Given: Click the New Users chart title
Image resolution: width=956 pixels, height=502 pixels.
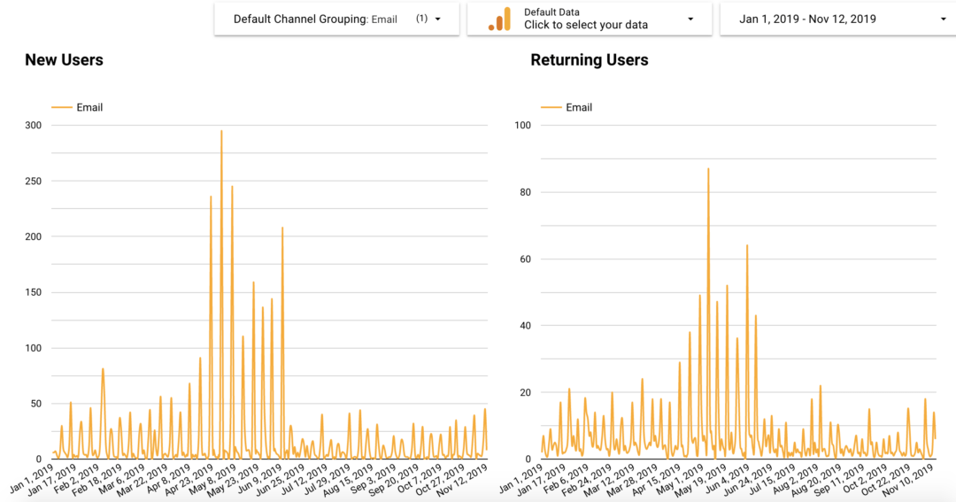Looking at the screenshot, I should click(64, 60).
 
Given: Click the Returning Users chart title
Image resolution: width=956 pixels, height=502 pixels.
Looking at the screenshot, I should click(589, 60).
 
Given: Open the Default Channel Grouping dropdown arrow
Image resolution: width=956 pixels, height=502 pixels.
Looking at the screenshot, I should click(437, 19).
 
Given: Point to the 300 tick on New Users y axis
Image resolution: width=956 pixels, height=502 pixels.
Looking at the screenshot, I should click(33, 126).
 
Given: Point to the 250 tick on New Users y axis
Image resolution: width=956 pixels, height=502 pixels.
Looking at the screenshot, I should click(33, 181).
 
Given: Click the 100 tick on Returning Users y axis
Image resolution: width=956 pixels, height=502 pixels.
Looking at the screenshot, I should click(521, 126).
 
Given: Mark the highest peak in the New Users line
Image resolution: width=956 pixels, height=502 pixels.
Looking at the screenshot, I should click(221, 131).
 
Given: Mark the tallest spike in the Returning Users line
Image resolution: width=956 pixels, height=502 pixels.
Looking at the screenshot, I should click(708, 168).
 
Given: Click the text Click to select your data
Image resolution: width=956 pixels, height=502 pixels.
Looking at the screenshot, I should click(586, 25).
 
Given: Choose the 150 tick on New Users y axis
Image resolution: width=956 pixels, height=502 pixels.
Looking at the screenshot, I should click(33, 292).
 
